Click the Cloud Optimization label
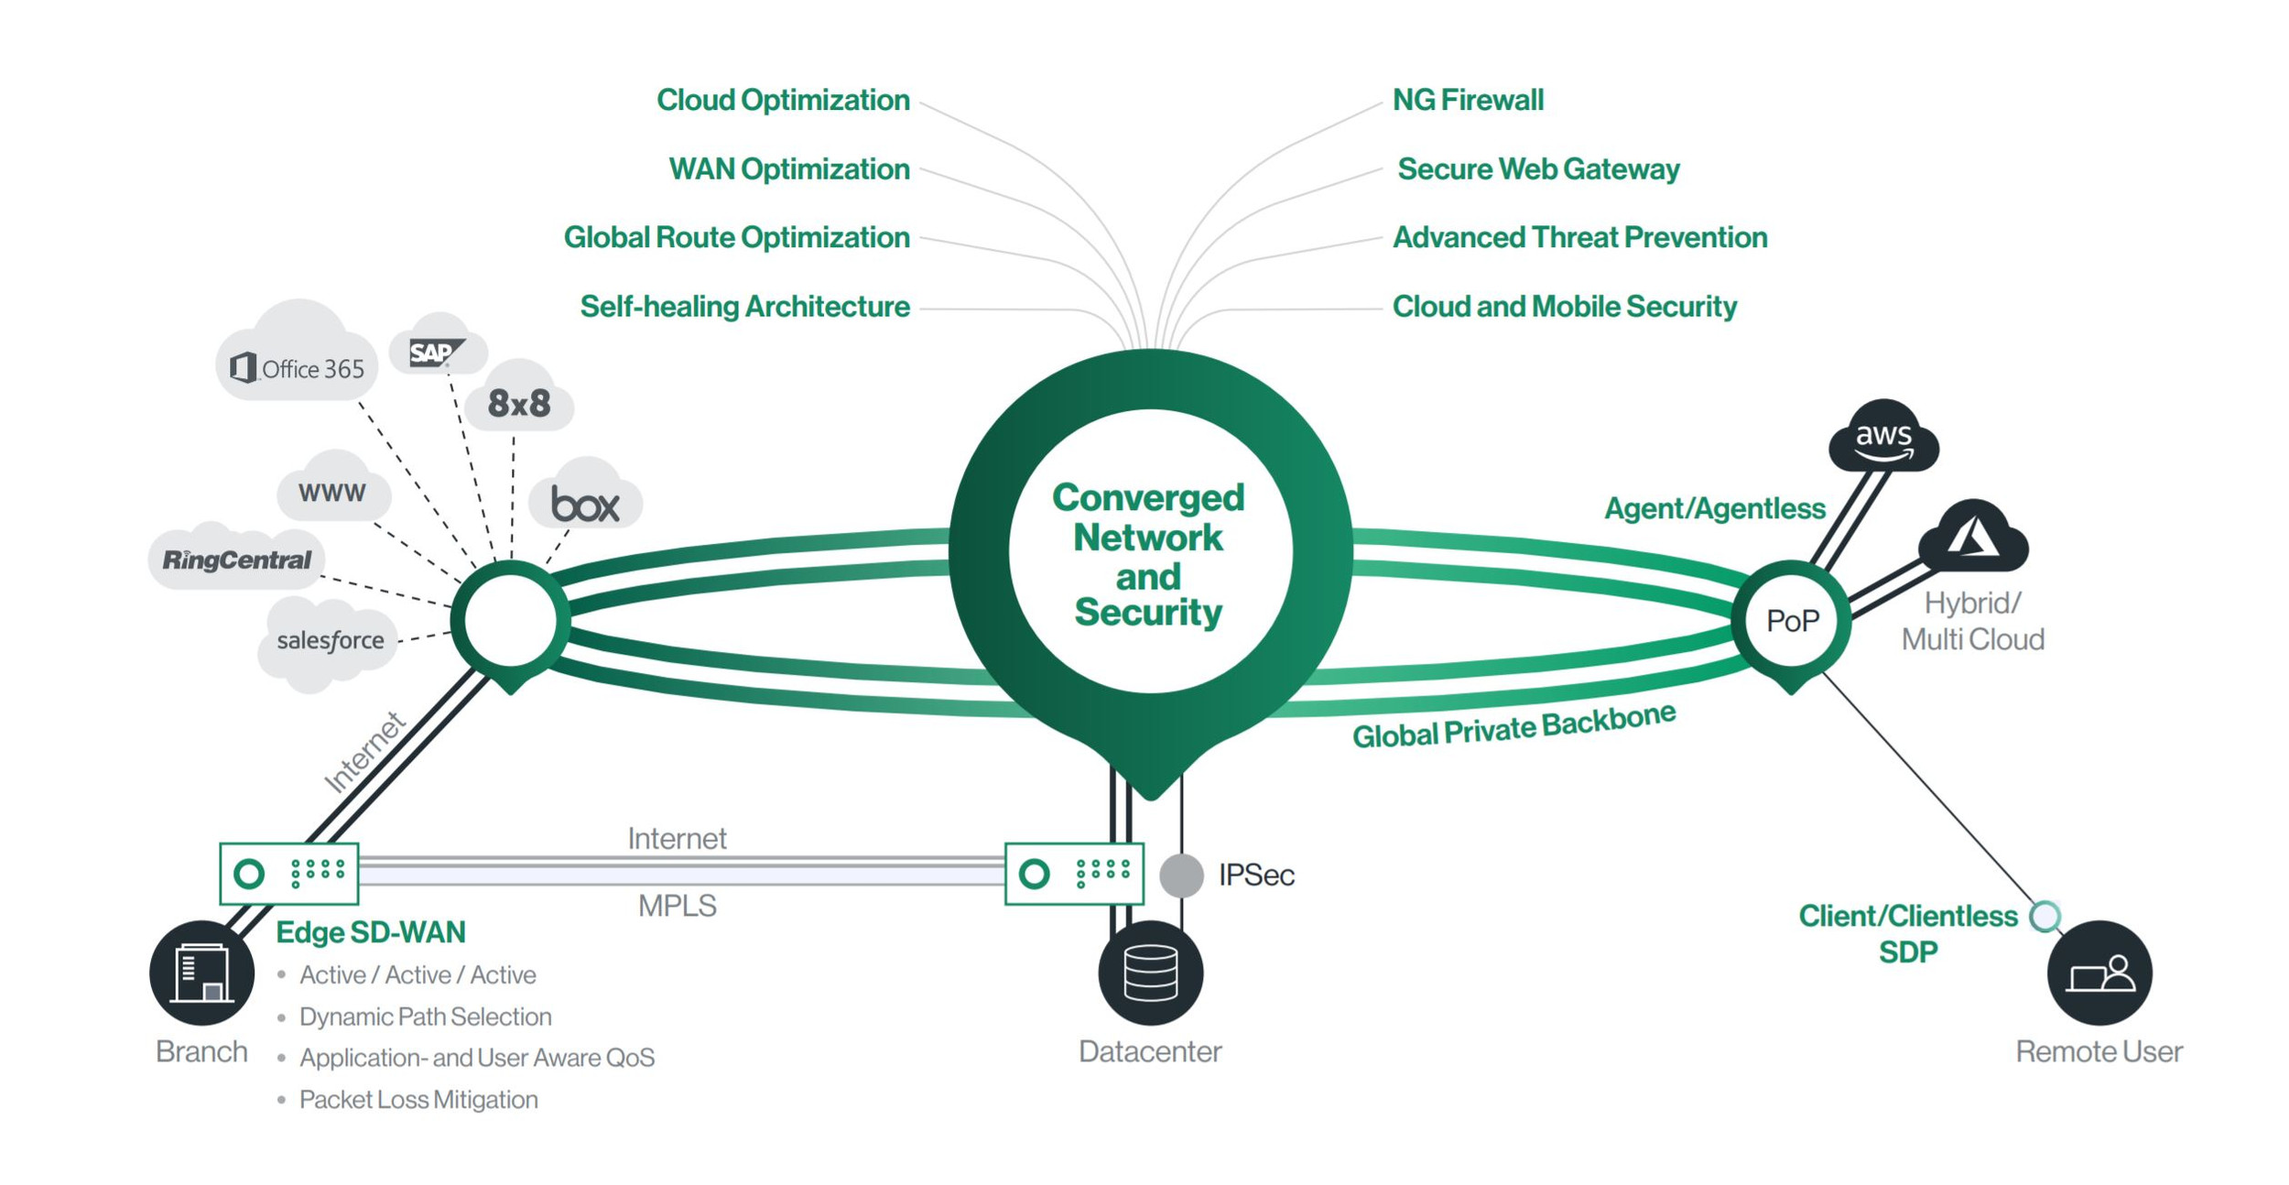[783, 100]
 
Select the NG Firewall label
[1467, 100]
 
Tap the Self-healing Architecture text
[744, 306]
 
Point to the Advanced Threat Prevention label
[1578, 237]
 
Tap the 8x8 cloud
[519, 403]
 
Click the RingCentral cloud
[237, 560]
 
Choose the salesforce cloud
[330, 640]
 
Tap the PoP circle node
[1791, 621]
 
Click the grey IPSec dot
[1181, 875]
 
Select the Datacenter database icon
[1150, 973]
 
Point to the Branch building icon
[202, 973]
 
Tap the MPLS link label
[677, 906]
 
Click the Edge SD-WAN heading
[371, 932]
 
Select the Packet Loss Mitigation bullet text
[418, 1099]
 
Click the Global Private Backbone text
[1513, 726]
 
